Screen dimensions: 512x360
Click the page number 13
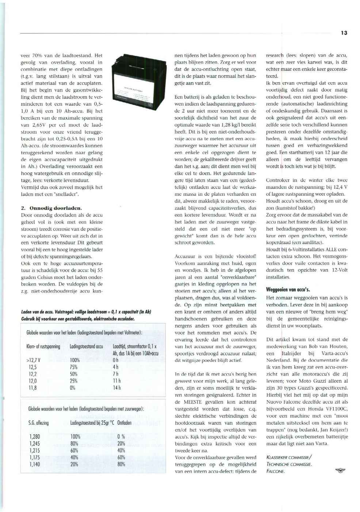[344, 33]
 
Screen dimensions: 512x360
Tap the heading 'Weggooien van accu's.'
[288, 290]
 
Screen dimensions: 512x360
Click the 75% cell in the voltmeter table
[74, 367]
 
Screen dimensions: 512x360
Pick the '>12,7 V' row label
[34, 360]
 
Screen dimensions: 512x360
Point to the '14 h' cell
[116, 388]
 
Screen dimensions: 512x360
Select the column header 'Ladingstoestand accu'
[86, 346]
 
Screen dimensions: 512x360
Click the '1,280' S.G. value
[35, 436]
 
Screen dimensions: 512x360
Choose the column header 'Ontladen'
[125, 423]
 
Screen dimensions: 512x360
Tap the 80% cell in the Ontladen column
[121, 464]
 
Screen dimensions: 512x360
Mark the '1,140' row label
[35, 464]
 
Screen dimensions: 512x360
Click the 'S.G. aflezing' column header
[38, 423]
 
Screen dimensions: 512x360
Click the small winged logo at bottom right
[340, 471]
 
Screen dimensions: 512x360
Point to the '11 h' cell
[116, 381]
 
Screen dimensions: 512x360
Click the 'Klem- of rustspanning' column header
[43, 346]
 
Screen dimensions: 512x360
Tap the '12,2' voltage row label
[32, 374]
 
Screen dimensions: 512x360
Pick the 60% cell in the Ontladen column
[121, 457]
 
